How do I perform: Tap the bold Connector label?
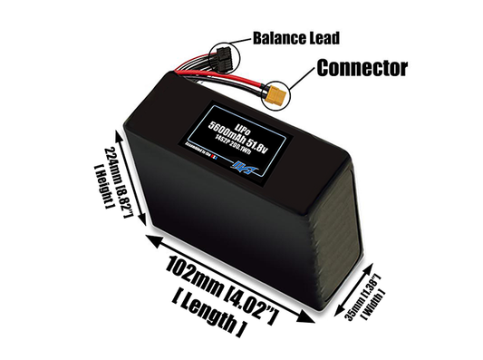(362, 68)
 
